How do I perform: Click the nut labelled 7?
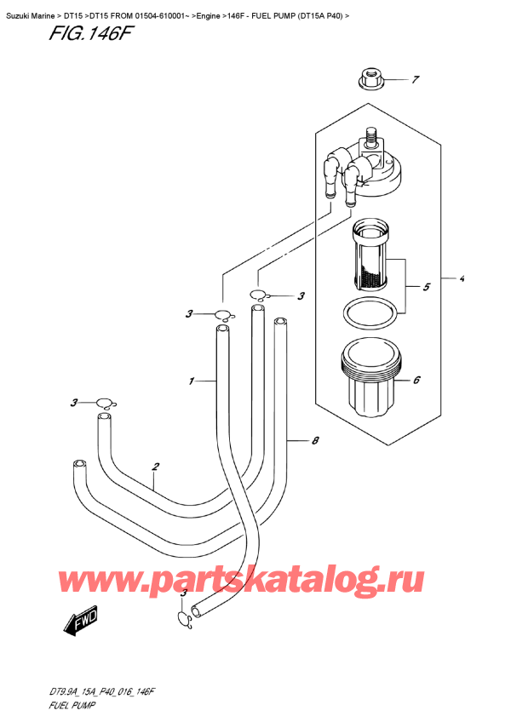tap(370, 80)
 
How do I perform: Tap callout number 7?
tap(415, 81)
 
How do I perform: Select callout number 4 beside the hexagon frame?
tap(461, 278)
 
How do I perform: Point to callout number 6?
tap(417, 381)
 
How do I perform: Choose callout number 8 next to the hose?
tap(315, 440)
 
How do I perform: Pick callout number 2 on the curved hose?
tap(156, 467)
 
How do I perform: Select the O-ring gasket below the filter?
tap(372, 312)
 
